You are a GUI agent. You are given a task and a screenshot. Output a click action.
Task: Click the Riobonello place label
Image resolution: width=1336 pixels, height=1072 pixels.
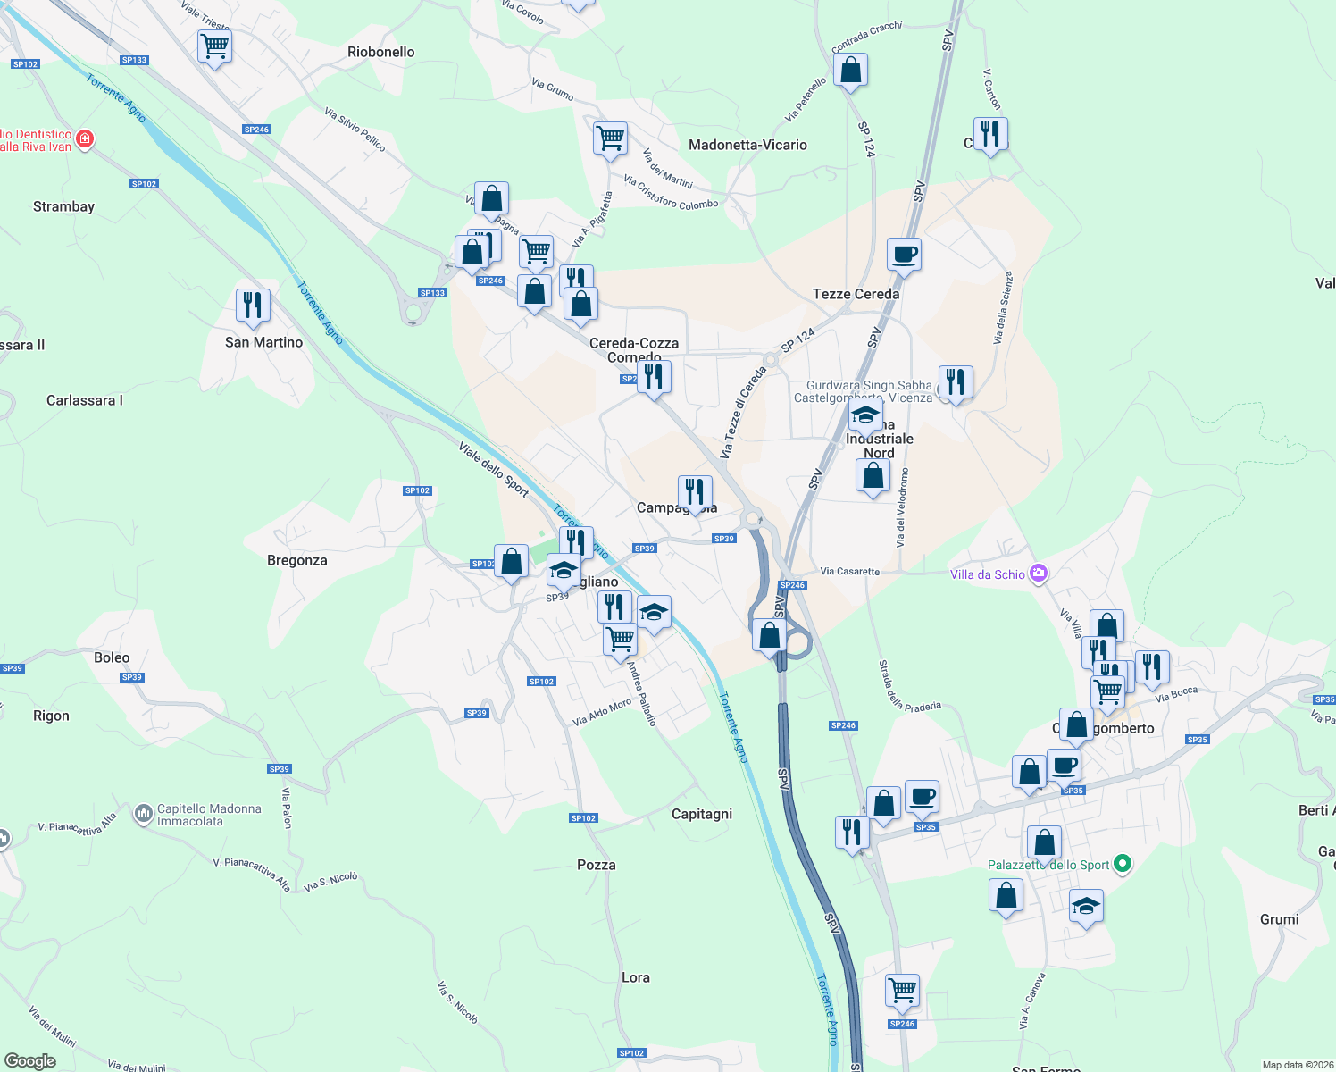pyautogui.click(x=381, y=52)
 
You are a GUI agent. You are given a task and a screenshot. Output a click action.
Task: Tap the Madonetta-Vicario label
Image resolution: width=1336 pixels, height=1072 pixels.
pyautogui.click(x=747, y=145)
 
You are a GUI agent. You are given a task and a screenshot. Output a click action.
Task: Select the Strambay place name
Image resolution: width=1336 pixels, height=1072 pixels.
pyautogui.click(x=63, y=206)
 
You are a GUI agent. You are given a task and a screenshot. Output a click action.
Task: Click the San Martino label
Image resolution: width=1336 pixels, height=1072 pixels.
pyautogui.click(x=263, y=342)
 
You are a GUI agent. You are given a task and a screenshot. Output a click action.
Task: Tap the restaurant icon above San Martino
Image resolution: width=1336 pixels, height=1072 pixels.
pyautogui.click(x=253, y=306)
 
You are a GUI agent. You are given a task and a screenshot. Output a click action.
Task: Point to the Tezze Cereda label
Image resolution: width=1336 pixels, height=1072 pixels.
pyautogui.click(x=856, y=294)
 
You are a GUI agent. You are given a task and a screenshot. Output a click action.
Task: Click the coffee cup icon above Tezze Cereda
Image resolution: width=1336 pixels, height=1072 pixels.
pyautogui.click(x=904, y=254)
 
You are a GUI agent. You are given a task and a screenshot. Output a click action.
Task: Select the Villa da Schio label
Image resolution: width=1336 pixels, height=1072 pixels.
pyautogui.click(x=987, y=574)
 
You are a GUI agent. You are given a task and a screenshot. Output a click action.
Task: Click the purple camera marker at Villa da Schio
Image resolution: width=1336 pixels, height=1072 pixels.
pyautogui.click(x=1038, y=574)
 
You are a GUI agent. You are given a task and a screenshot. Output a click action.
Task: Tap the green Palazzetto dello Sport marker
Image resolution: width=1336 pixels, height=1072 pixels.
pyautogui.click(x=1123, y=864)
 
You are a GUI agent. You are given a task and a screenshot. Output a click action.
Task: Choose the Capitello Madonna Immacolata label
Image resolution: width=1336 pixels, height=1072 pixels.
pyautogui.click(x=209, y=815)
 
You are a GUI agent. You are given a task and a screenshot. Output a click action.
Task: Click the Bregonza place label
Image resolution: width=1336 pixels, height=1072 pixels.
pyautogui.click(x=297, y=560)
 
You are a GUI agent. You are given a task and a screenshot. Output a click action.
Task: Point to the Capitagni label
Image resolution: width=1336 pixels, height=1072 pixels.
pyautogui.click(x=702, y=814)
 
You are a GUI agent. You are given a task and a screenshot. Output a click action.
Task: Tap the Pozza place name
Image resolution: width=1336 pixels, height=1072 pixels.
pyautogui.click(x=597, y=865)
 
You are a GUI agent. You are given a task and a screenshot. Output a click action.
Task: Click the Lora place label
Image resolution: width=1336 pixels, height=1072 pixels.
pyautogui.click(x=636, y=977)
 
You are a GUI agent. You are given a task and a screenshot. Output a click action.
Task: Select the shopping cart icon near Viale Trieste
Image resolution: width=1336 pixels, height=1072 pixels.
pyautogui.click(x=214, y=46)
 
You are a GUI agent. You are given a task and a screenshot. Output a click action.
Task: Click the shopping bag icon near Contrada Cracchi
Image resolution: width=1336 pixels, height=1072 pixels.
pyautogui.click(x=850, y=69)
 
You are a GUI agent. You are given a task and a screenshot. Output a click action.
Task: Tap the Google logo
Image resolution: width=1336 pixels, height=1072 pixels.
pyautogui.click(x=30, y=1060)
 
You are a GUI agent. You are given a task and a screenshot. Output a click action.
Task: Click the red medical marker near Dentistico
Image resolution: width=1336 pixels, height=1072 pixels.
pyautogui.click(x=85, y=138)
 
